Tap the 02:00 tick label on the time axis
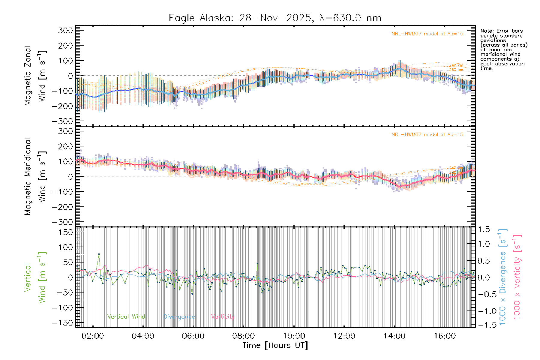93,336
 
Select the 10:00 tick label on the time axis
294,336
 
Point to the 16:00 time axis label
445,336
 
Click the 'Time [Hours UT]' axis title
275,345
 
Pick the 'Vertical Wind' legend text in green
126,317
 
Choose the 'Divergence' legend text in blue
179,317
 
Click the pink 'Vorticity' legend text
223,317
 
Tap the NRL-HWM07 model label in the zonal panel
427,34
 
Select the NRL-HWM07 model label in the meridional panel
427,135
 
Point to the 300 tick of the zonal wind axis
65,30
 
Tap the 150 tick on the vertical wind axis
65,232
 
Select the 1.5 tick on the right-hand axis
484,229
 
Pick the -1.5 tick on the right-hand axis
482,325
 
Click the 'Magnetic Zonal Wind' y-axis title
35,76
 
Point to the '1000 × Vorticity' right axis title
517,277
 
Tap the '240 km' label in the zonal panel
456,65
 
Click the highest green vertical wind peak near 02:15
99,254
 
